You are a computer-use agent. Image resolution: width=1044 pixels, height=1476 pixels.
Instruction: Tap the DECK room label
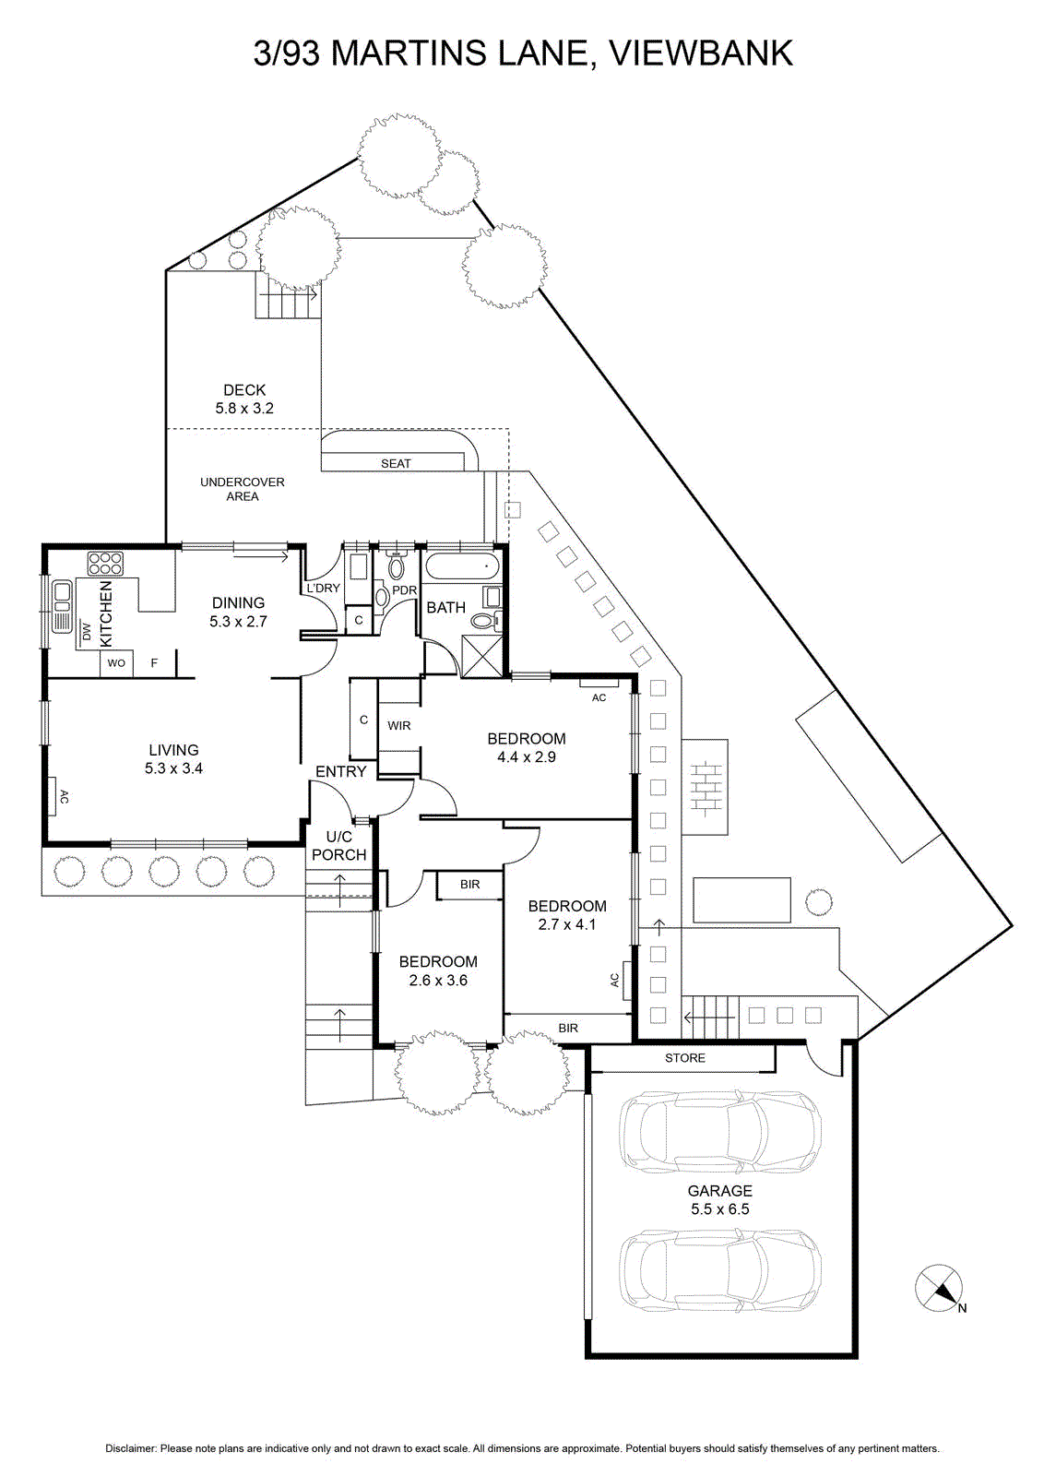[x=244, y=390]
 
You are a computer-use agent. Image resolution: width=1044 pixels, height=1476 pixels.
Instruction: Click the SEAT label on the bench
[x=396, y=464]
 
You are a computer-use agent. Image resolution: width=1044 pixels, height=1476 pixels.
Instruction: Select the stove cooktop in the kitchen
[x=105, y=564]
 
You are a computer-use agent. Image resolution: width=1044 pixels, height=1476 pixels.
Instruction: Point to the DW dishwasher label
[x=87, y=631]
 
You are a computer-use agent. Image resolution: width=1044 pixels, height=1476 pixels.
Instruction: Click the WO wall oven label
[x=116, y=663]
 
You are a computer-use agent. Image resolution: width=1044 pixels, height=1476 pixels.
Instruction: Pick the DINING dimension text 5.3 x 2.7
[x=239, y=622]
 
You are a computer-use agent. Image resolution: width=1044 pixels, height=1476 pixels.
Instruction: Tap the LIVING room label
[x=174, y=750]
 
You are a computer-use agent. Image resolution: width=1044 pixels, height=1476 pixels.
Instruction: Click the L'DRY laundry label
[x=324, y=588]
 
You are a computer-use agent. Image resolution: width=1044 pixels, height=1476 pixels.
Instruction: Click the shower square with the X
[x=483, y=655]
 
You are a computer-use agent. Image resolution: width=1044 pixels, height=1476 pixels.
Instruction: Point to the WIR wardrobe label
[x=399, y=725]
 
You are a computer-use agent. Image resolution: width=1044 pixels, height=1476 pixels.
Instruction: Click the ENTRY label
[x=340, y=771]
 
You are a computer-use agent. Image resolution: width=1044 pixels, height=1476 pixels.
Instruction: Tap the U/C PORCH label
[x=339, y=846]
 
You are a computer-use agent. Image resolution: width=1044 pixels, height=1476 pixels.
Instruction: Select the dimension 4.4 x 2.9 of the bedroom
[x=527, y=757]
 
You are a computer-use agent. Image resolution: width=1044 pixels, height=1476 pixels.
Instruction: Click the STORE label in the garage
[x=685, y=1058]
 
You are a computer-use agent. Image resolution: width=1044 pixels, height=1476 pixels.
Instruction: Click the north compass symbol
[x=939, y=1287]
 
